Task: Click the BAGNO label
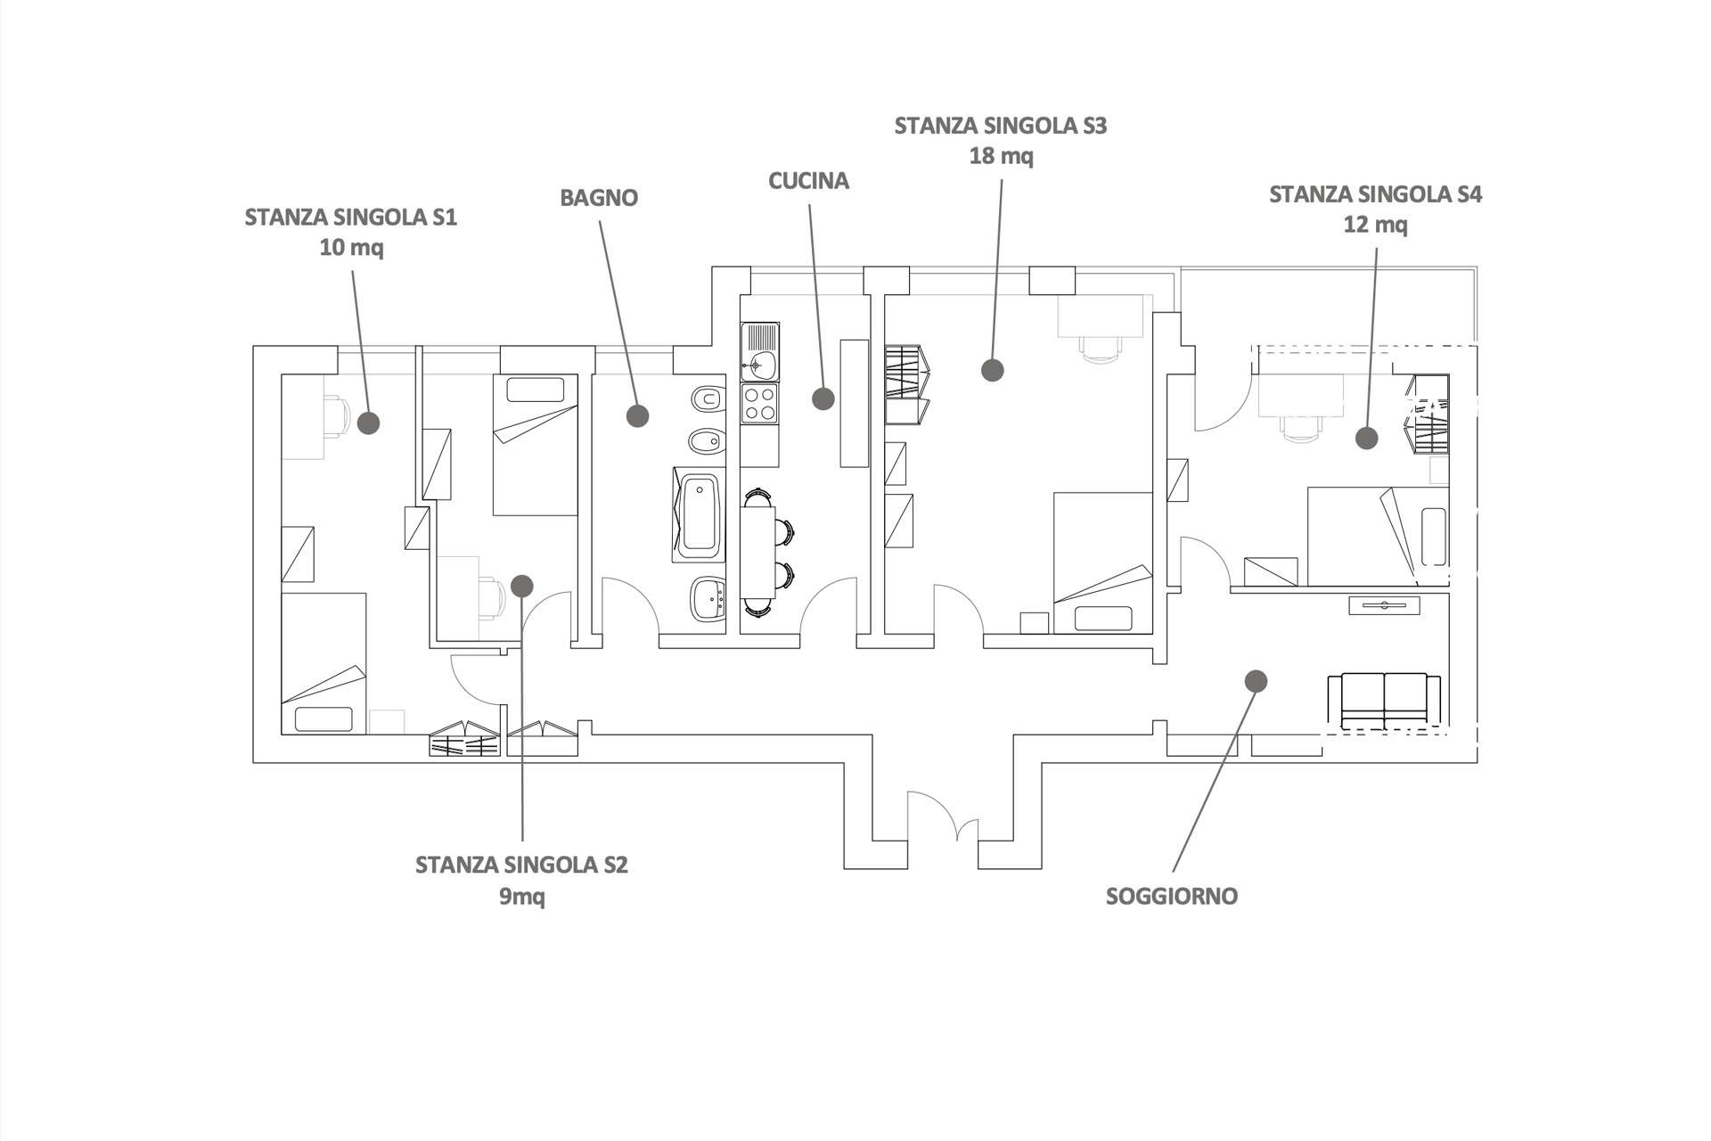click(598, 198)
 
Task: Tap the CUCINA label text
click(808, 181)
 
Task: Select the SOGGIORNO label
click(1171, 896)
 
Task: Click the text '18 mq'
click(1001, 156)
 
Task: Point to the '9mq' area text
click(521, 896)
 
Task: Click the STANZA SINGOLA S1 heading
click(350, 218)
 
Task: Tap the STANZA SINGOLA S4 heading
click(1375, 194)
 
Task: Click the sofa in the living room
click(1383, 698)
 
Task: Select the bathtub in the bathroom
click(699, 515)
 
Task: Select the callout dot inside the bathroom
click(636, 415)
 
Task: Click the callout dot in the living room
click(1255, 681)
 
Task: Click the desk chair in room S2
click(492, 596)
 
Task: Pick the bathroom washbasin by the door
click(709, 596)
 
